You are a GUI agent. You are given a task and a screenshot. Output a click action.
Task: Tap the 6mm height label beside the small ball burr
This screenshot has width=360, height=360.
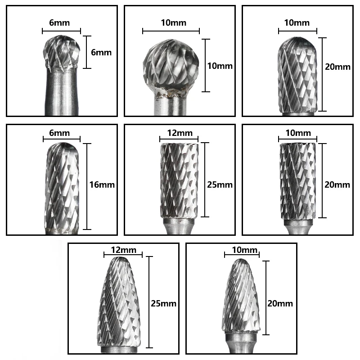point(101,52)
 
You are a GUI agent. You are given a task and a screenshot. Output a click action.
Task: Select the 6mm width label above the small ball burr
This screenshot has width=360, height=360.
point(61,22)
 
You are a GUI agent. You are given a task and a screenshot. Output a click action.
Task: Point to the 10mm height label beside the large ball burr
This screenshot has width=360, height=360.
point(220,66)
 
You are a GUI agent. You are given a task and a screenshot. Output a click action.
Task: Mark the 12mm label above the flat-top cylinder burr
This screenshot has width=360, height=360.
point(179,133)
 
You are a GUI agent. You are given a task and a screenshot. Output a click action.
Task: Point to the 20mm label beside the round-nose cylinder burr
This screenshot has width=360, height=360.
point(337,67)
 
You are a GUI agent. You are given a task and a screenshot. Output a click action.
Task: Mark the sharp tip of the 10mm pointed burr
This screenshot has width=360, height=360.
point(242,261)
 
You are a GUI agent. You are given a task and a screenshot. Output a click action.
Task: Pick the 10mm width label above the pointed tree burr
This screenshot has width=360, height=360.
point(241,250)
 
